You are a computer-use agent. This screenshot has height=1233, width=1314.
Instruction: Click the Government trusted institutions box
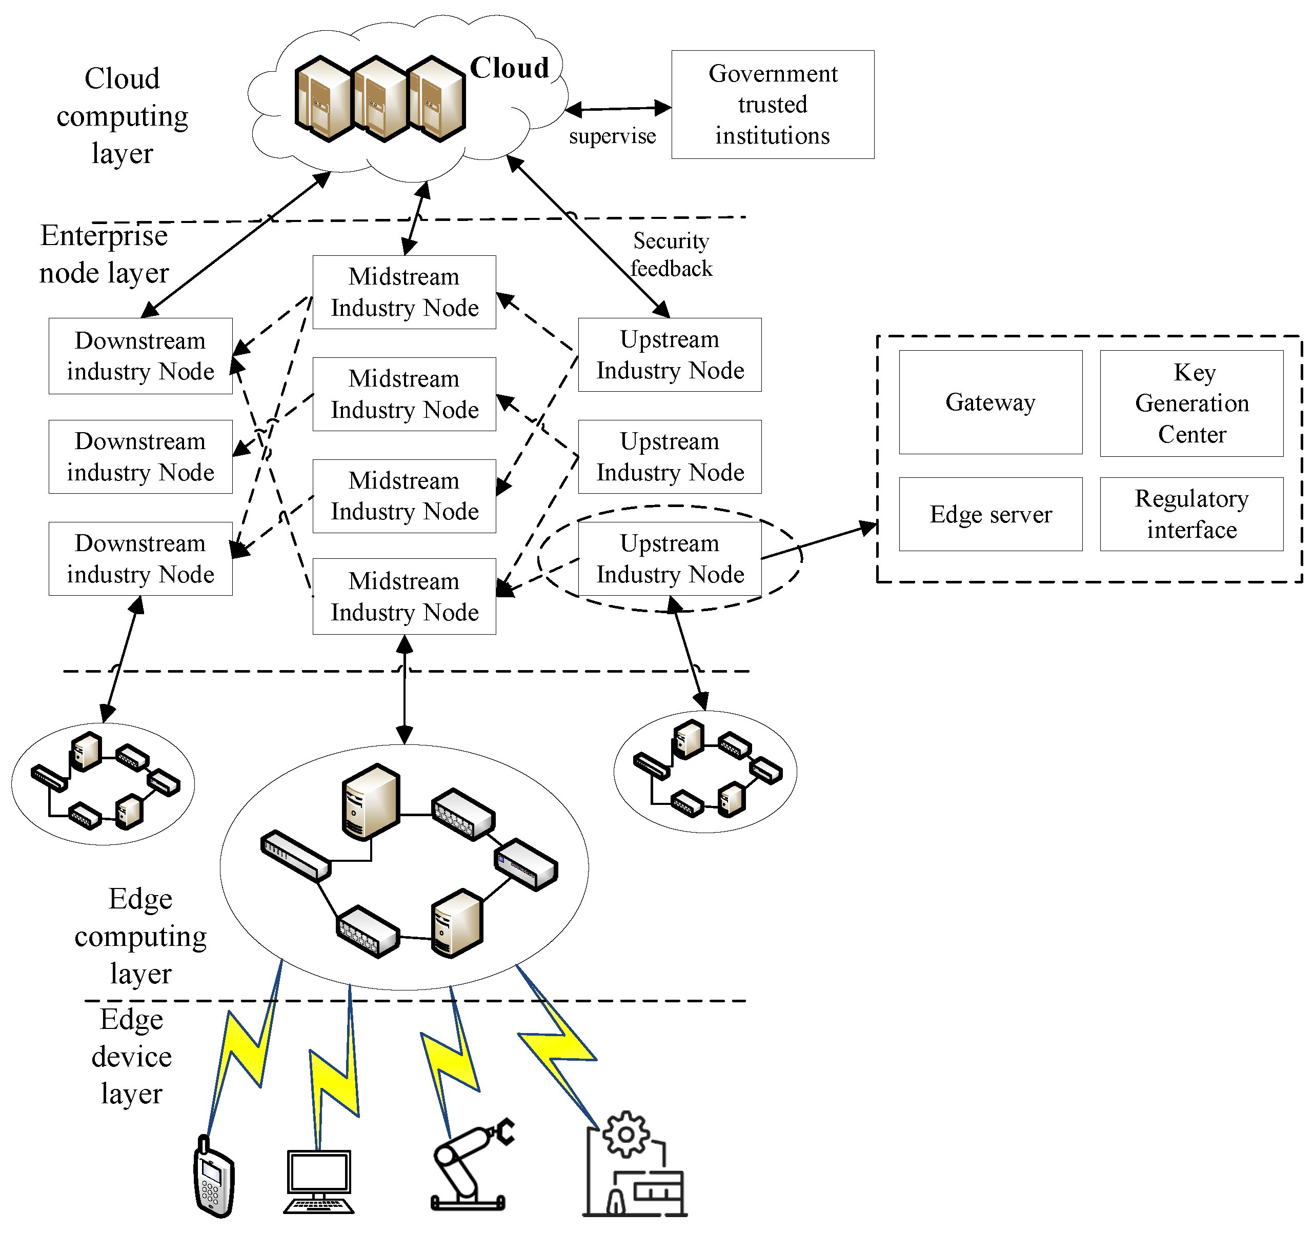pos(772,105)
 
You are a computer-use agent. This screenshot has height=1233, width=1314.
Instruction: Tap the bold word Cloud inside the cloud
pos(509,68)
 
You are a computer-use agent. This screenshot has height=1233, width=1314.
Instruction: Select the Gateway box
pos(989,402)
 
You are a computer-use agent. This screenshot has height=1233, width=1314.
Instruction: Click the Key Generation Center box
pos(1191,403)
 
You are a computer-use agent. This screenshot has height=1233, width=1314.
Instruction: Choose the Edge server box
pos(989,514)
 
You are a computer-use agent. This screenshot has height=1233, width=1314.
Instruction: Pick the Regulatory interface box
pos(1191,514)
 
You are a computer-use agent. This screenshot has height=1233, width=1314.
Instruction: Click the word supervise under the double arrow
pos(612,136)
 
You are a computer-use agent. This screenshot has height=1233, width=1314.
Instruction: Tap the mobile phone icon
pos(213,1177)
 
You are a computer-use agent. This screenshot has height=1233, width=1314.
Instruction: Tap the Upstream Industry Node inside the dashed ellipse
pos(670,559)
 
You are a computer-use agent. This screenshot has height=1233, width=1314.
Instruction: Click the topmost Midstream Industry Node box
pos(404,292)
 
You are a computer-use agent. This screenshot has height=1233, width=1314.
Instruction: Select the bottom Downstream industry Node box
pos(140,559)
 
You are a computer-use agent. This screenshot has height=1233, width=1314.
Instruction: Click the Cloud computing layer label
pos(123,116)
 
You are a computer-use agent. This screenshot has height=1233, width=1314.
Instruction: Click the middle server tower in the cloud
pos(379,99)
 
